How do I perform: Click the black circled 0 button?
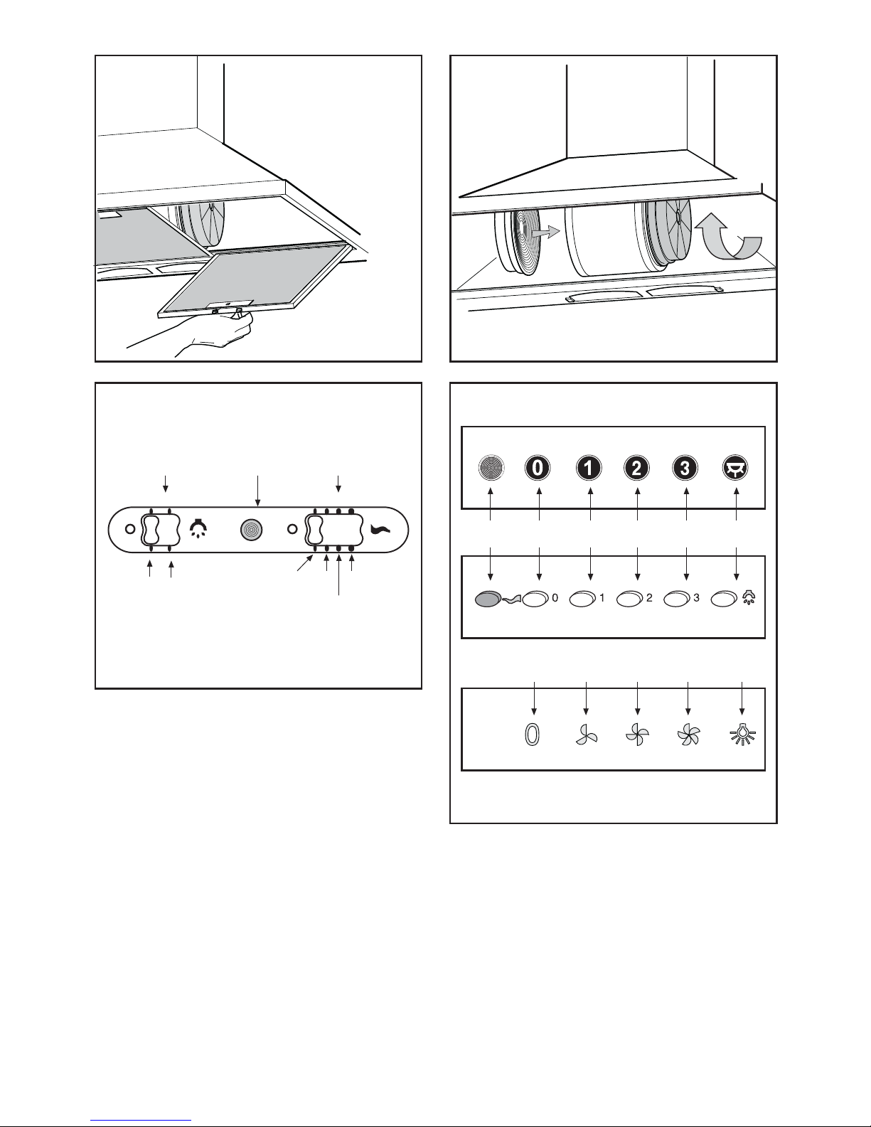tap(538, 468)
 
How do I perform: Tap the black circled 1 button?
tap(589, 468)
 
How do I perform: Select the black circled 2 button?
tap(636, 468)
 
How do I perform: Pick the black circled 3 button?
tap(685, 468)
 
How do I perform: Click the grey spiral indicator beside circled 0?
tap(491, 468)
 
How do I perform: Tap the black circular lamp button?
tap(735, 468)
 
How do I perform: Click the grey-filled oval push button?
tap(488, 599)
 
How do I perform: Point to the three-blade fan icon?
tap(587, 735)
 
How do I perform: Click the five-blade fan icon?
tap(688, 735)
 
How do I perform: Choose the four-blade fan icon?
tap(637, 735)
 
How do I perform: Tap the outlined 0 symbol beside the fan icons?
tap(533, 735)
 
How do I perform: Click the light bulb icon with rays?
tap(743, 735)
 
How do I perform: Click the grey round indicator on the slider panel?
tap(251, 530)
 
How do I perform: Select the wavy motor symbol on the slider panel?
tap(381, 530)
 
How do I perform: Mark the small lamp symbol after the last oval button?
tap(749, 597)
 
